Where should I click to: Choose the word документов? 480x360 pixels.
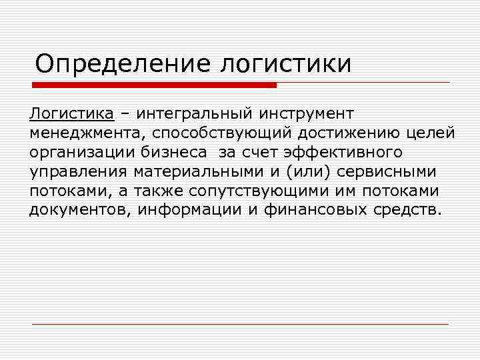tap(81, 211)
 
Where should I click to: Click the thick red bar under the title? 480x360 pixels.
tap(154, 85)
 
